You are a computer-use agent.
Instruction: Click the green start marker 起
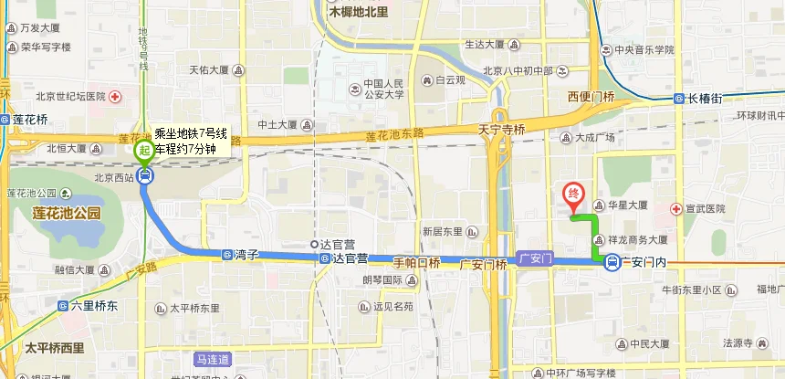click(x=144, y=148)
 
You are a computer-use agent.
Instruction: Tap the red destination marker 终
click(x=573, y=195)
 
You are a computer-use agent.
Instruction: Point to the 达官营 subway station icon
click(x=326, y=259)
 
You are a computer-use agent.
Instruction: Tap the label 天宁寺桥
click(x=502, y=130)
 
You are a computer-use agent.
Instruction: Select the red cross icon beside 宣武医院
click(x=676, y=208)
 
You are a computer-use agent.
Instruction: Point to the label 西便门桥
click(x=591, y=97)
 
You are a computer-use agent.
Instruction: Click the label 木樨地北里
click(x=359, y=13)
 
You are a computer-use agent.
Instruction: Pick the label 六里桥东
click(x=96, y=307)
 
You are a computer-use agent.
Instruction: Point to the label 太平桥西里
click(x=55, y=348)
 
